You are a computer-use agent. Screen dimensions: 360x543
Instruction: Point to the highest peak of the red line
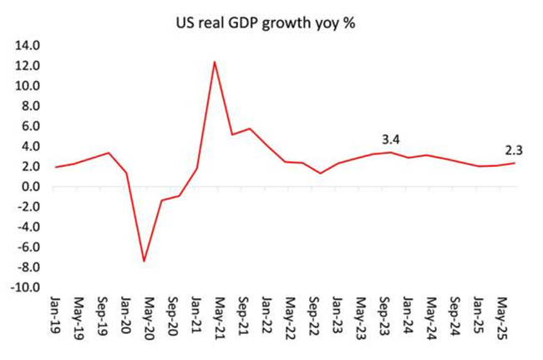click(215, 62)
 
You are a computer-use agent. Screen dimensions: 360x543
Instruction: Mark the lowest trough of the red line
click(144, 261)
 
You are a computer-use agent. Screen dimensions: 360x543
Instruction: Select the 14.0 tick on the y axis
click(28, 46)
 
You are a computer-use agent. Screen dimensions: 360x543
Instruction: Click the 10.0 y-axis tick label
click(28, 86)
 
